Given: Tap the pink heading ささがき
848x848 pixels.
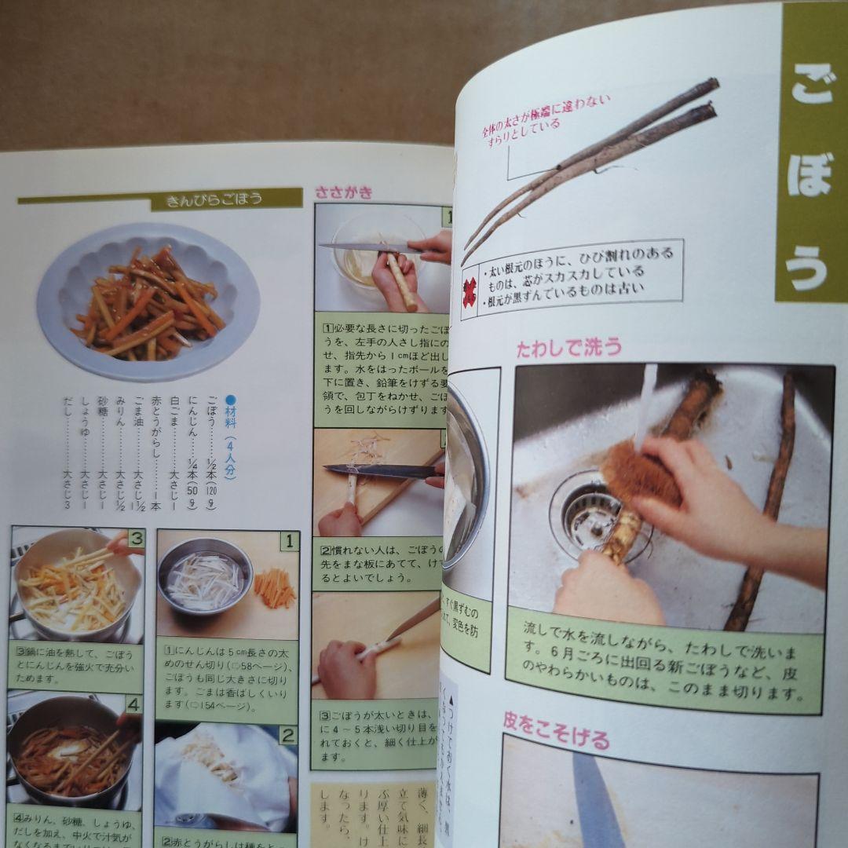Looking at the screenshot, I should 344,192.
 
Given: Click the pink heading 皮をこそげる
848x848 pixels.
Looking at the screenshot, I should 556,738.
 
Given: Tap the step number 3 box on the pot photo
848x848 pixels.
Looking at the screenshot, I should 136,539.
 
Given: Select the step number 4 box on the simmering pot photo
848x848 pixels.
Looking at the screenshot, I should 133,704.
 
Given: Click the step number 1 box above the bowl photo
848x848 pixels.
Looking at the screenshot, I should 289,540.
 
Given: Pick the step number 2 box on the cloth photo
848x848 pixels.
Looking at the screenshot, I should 288,736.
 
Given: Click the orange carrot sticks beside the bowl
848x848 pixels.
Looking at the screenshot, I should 275,588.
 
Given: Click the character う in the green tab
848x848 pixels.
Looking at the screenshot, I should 809,268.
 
